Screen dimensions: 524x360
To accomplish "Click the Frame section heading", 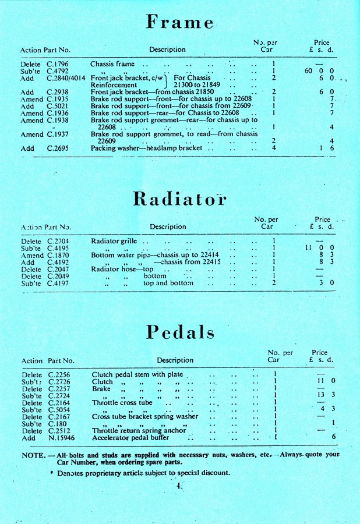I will (x=179, y=22).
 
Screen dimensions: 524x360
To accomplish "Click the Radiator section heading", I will (x=179, y=199).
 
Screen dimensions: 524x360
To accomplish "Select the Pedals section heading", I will (x=180, y=332).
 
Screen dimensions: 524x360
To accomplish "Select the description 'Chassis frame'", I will (x=112, y=64).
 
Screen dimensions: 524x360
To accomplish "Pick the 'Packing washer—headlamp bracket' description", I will (x=147, y=148).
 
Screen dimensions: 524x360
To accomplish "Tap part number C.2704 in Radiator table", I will (x=59, y=241).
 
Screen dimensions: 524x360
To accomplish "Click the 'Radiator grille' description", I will (x=114, y=241).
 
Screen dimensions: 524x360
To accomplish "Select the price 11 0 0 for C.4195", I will (x=319, y=248).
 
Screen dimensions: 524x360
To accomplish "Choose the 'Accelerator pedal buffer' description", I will (x=130, y=437).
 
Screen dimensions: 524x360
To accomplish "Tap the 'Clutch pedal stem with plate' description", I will (x=137, y=374).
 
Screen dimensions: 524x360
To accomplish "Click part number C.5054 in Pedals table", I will (x=59, y=410).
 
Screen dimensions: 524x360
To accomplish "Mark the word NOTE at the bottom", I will (x=33, y=454).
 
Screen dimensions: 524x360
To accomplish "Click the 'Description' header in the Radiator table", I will (x=168, y=226).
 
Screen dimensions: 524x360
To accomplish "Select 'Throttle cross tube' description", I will (x=122, y=403).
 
